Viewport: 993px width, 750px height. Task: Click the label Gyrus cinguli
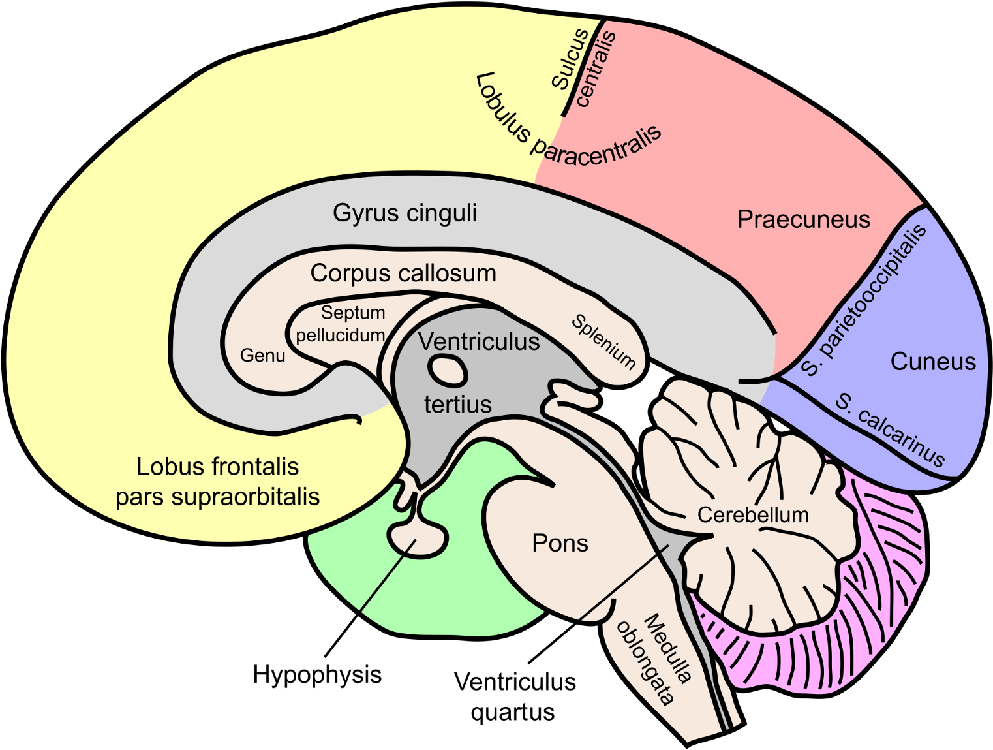[405, 213]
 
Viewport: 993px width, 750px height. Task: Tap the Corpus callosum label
[403, 273]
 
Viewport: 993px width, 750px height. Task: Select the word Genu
[262, 355]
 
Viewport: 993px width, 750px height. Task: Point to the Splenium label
[603, 341]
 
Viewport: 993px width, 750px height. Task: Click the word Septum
[353, 313]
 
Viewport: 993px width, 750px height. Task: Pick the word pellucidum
[340, 336]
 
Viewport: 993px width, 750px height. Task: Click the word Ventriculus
[479, 341]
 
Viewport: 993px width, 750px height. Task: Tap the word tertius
[458, 404]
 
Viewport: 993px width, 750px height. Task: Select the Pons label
[560, 543]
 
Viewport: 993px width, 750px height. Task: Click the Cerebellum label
[753, 515]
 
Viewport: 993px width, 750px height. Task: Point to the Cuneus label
[933, 362]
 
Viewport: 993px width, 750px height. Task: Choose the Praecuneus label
[803, 219]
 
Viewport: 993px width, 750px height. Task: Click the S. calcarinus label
[891, 430]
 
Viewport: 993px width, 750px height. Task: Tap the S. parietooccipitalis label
[864, 301]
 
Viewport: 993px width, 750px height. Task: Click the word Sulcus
[570, 59]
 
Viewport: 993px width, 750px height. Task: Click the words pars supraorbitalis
[218, 497]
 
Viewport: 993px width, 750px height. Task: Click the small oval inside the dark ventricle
[448, 371]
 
